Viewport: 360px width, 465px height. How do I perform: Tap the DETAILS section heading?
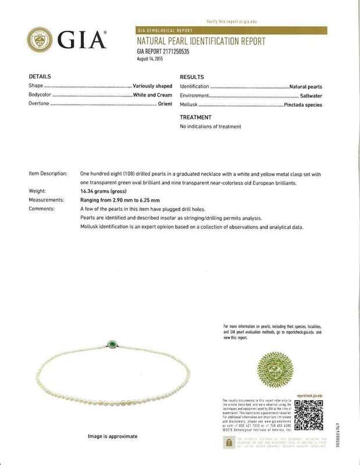tap(40, 76)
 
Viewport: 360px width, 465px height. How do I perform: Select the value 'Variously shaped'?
tap(153, 86)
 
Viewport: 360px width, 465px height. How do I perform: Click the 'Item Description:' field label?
tap(47, 174)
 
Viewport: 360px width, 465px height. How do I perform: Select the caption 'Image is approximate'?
tap(108, 436)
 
